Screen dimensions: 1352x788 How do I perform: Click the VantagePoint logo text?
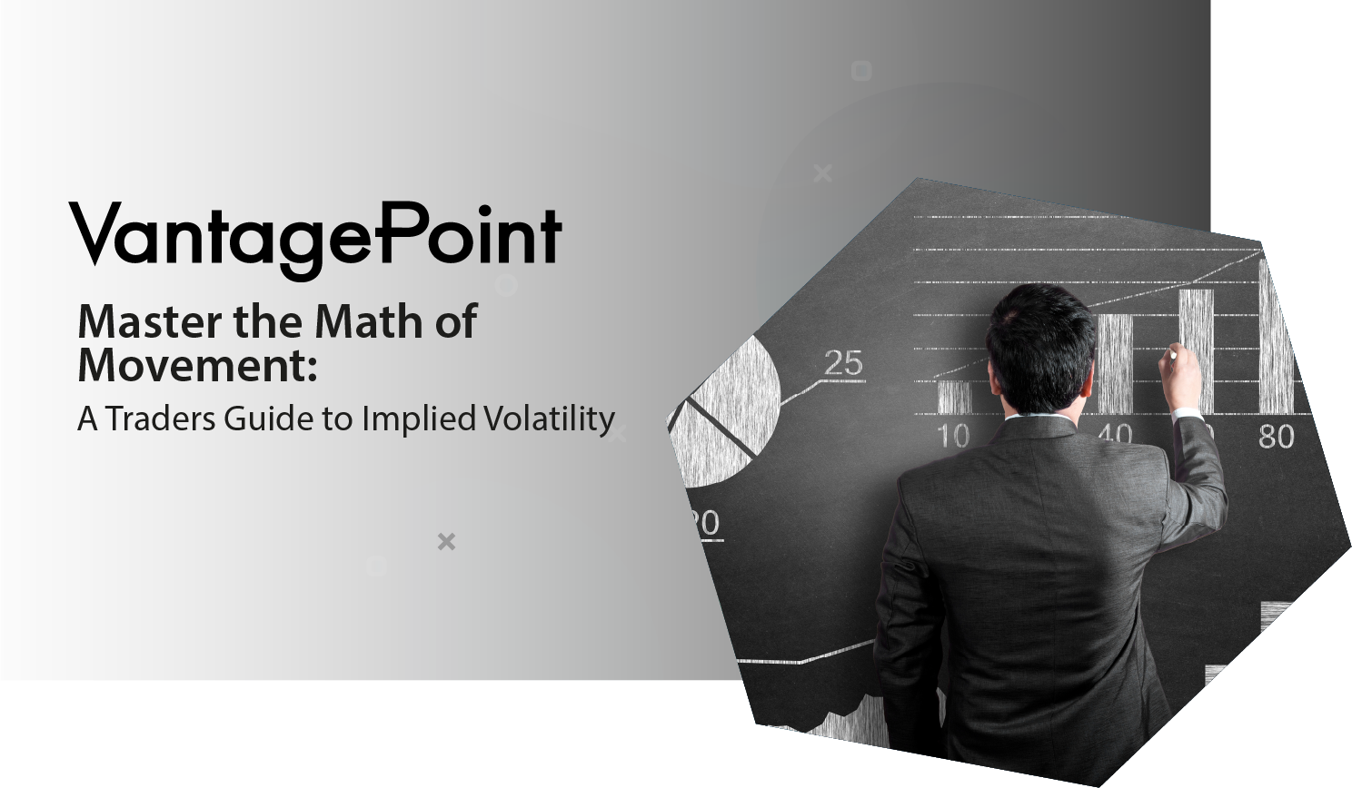(315, 240)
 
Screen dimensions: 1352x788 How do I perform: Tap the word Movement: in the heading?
(197, 365)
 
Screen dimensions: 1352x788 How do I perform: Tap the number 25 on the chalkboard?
(844, 362)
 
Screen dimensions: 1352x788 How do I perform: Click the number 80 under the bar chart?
(1276, 436)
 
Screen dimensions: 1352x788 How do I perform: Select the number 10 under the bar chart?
(954, 436)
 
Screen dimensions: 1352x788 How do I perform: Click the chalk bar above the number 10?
(955, 397)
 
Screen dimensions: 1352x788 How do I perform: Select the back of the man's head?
(1042, 349)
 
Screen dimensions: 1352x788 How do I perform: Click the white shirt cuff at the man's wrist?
(1187, 414)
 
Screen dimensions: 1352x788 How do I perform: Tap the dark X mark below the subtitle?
(446, 541)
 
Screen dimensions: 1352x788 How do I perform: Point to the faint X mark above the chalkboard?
(822, 173)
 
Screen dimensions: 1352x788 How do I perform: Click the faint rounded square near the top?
(861, 71)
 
